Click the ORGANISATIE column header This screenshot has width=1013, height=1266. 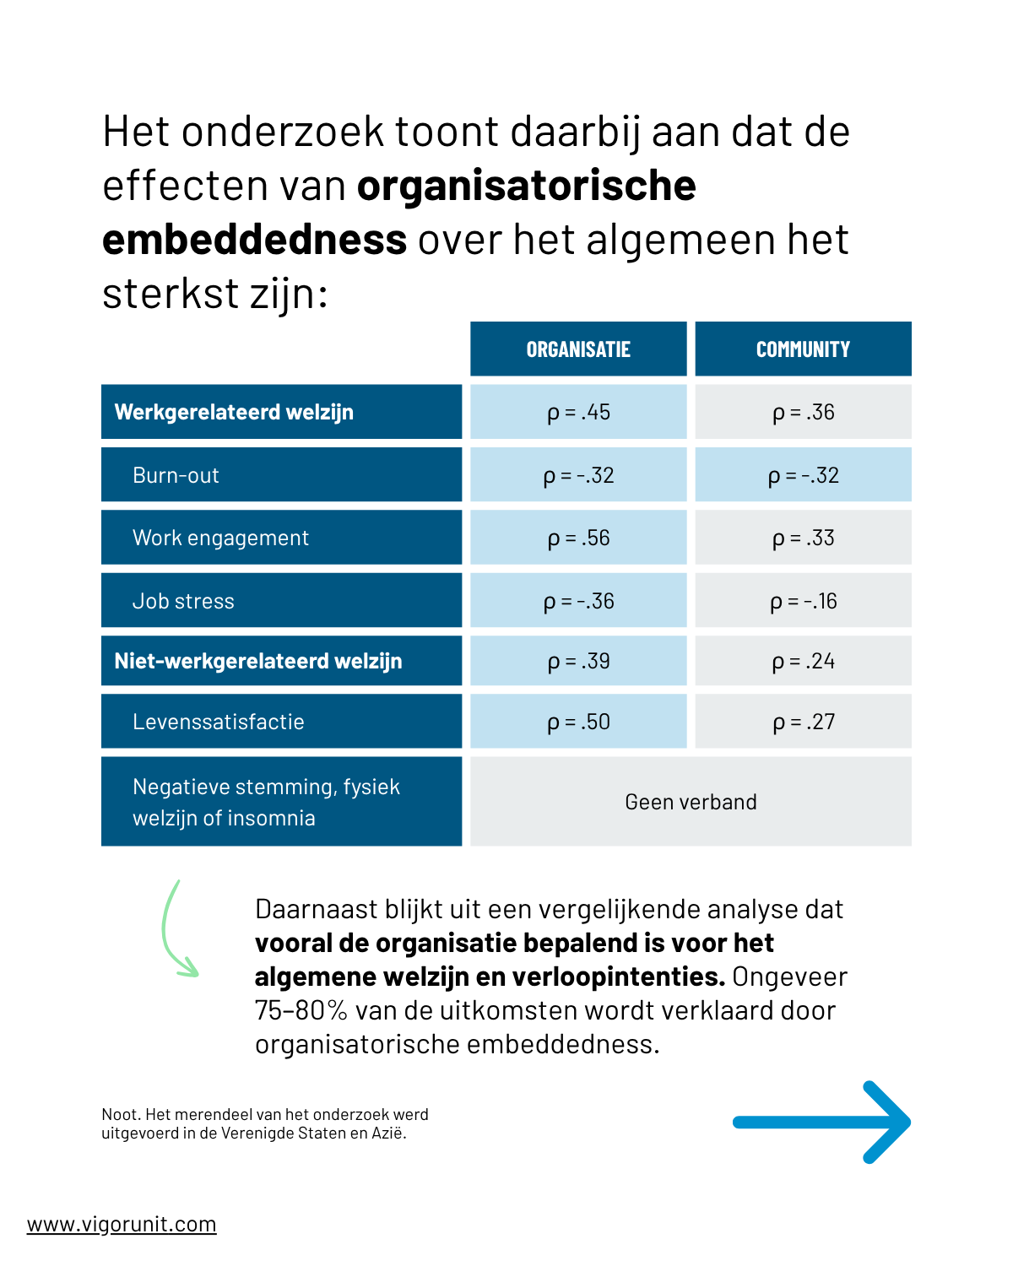[x=578, y=349]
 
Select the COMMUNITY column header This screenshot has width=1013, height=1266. [x=803, y=349]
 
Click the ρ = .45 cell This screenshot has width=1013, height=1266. [x=578, y=412]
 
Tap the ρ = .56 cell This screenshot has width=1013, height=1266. [x=578, y=538]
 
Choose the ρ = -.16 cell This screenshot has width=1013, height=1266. [x=803, y=601]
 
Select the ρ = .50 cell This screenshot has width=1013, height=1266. [x=578, y=722]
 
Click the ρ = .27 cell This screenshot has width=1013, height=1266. [x=803, y=722]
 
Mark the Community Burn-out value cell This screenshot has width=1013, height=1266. [x=803, y=474]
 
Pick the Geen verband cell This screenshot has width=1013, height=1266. [x=691, y=801]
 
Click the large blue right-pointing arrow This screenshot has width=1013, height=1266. [x=821, y=1123]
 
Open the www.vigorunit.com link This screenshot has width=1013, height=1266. [x=122, y=1225]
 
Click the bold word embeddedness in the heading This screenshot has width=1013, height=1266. [x=254, y=240]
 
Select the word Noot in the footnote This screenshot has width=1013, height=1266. [x=120, y=1114]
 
